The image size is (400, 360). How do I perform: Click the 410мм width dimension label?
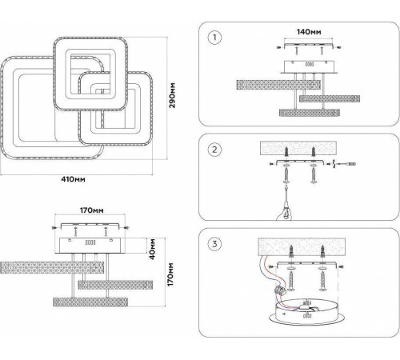coord(73,179)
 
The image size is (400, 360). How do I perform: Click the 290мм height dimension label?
coord(172,95)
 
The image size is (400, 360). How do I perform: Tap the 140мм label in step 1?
coord(309,32)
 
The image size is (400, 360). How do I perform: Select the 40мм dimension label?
coord(152,249)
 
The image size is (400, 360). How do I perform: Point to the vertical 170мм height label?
coord(170,274)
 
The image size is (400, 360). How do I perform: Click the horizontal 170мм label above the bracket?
coord(92,210)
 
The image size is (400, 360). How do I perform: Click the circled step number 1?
coord(214,38)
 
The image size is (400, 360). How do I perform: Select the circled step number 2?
coord(214,150)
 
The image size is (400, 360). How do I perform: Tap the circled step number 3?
coord(214,244)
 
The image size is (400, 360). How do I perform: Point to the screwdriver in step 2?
coord(344,164)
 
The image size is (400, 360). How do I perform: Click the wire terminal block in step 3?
coord(280,289)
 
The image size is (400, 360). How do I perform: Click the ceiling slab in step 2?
coord(298,148)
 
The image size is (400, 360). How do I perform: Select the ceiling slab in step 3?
coord(302,246)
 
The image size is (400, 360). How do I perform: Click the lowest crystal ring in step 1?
coord(310,113)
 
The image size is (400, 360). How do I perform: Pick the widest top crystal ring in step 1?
coord(278,85)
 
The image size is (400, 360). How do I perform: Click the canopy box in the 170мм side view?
coord(90,246)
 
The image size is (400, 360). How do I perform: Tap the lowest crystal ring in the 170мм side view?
coord(90,302)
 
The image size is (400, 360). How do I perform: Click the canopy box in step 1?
coord(309,66)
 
